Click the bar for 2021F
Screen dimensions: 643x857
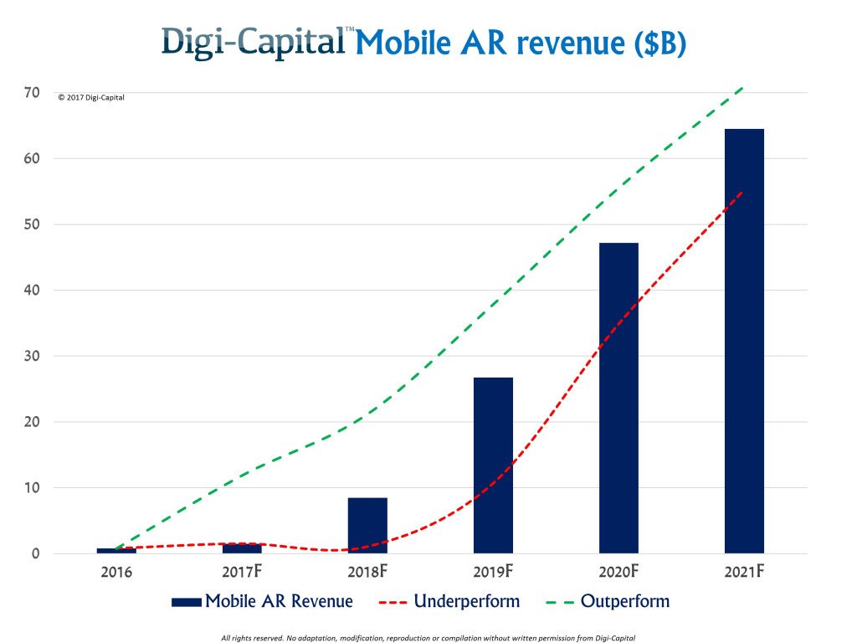click(x=744, y=341)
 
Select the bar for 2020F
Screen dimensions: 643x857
click(x=618, y=398)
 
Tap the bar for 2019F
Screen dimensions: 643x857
click(x=493, y=465)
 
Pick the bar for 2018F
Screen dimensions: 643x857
click(x=367, y=525)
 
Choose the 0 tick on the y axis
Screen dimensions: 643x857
click(x=35, y=553)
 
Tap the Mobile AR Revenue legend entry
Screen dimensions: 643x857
click(x=261, y=601)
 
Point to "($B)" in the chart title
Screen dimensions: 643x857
click(x=657, y=44)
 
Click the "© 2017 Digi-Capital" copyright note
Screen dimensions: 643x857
click(x=91, y=98)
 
